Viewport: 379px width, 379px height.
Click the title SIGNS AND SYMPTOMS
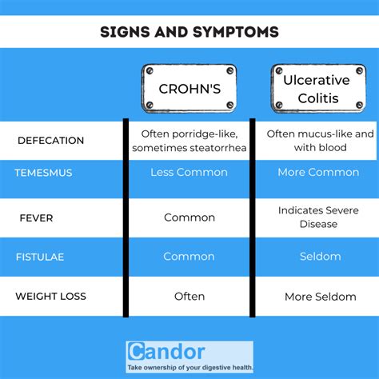[x=189, y=33]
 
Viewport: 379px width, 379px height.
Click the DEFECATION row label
[x=50, y=141]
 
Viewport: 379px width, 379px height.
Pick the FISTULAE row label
[x=39, y=257]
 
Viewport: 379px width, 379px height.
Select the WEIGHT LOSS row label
[x=50, y=297]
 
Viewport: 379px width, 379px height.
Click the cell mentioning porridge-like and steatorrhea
[x=189, y=141]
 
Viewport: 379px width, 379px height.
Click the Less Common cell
[x=189, y=173]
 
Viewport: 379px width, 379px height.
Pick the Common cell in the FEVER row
[x=189, y=217]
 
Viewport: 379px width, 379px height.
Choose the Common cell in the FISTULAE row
[x=189, y=257]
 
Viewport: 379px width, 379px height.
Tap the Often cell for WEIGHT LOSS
[x=189, y=297]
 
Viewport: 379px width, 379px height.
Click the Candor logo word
[x=166, y=353]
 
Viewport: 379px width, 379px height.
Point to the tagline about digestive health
[x=189, y=367]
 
